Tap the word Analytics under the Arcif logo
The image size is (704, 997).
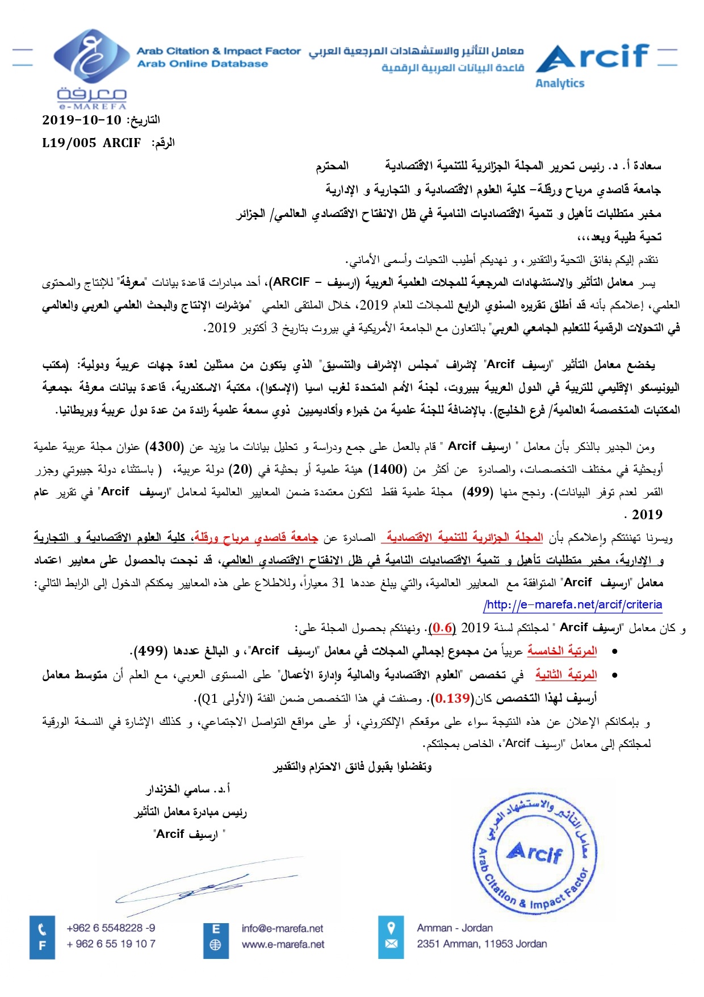(x=559, y=84)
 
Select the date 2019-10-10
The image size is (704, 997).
(x=82, y=120)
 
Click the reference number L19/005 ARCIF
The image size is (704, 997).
(x=91, y=143)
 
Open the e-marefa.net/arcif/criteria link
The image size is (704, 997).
(x=573, y=604)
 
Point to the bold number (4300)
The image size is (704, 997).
(x=164, y=447)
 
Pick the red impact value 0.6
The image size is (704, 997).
(x=443, y=628)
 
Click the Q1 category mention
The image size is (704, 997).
(x=209, y=698)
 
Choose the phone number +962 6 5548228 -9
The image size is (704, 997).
(x=111, y=928)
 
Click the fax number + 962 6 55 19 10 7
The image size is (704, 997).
(x=111, y=944)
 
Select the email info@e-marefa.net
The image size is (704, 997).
(x=282, y=928)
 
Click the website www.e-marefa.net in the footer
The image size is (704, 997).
(x=283, y=944)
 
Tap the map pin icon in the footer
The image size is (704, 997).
(x=391, y=928)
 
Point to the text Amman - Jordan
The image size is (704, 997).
(x=455, y=928)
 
